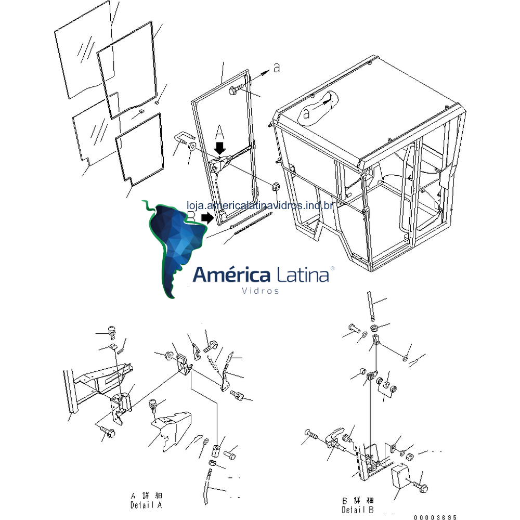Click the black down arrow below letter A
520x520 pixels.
tap(220, 147)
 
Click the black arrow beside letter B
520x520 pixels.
tap(207, 218)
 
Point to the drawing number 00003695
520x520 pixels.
tap(436, 517)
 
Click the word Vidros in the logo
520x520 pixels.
tap(261, 291)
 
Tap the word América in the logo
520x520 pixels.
tap(232, 275)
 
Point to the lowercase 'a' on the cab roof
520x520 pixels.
tap(307, 113)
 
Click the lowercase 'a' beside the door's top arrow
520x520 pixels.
tap(276, 68)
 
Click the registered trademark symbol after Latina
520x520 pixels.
tap(332, 268)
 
